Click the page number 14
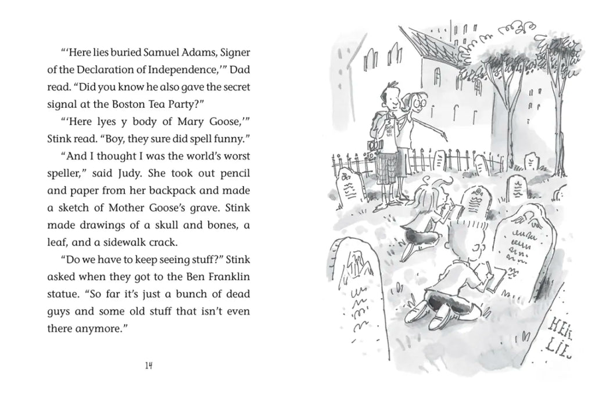coord(149,366)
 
